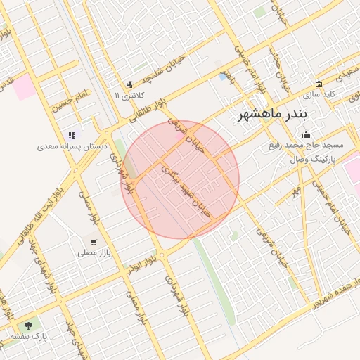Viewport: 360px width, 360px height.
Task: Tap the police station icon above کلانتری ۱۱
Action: tap(129, 85)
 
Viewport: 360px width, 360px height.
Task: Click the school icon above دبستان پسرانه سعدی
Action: tap(71, 135)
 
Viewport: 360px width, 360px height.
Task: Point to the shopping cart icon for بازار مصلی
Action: tap(94, 241)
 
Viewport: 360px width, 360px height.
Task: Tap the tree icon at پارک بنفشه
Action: tap(28, 326)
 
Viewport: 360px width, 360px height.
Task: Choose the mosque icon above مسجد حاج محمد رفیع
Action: tap(305, 134)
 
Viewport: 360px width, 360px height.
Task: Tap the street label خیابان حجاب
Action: tap(280, 75)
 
